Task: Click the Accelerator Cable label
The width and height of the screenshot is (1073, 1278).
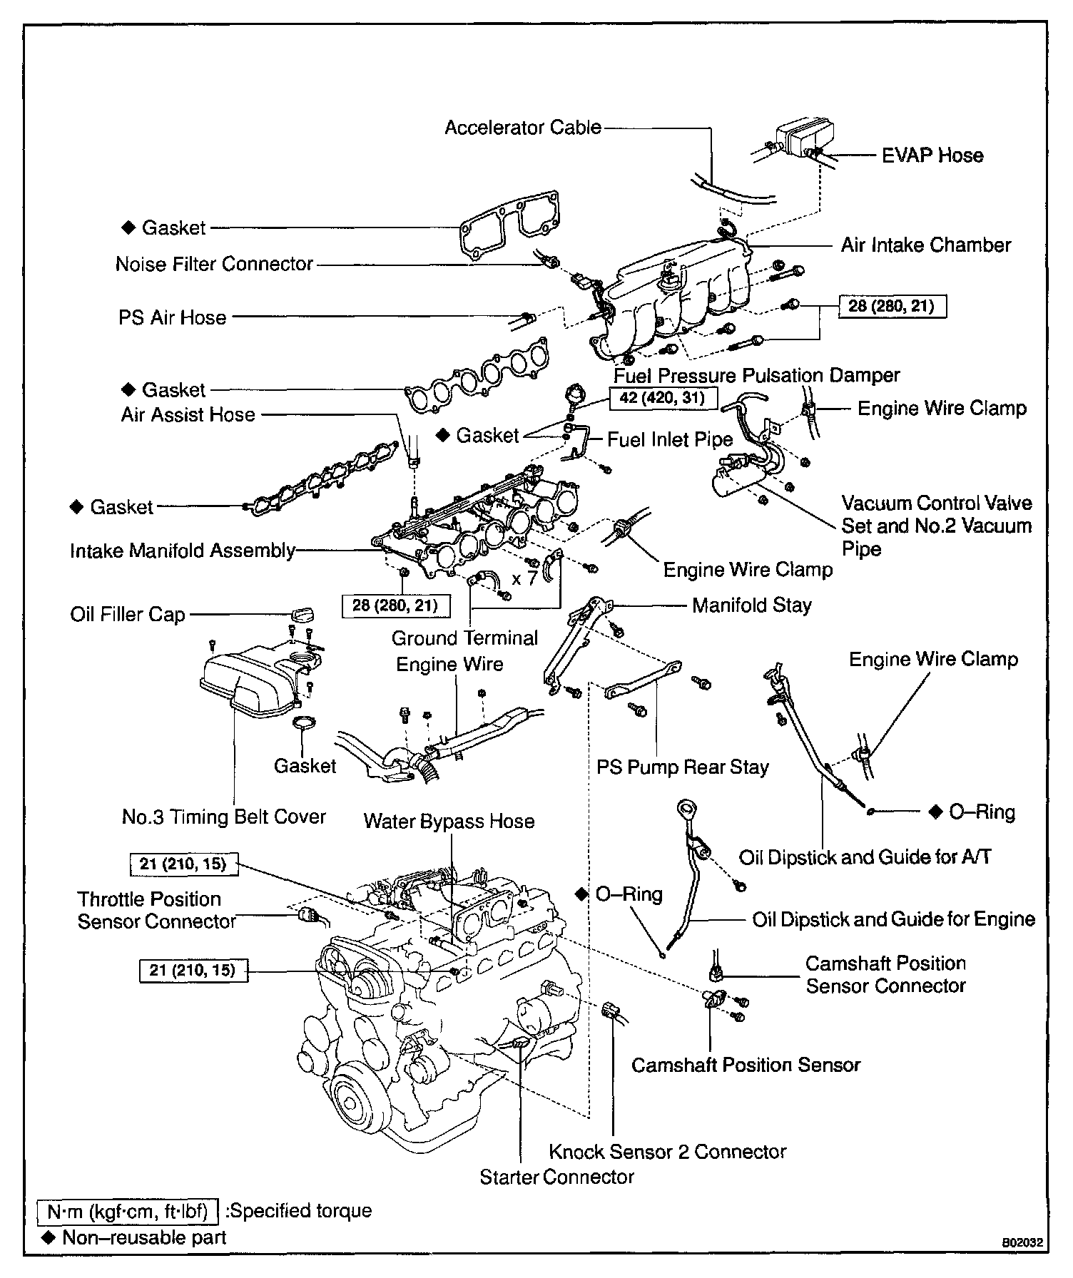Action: [523, 128]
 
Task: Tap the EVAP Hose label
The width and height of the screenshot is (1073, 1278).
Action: [932, 155]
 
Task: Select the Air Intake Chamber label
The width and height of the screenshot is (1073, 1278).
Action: [925, 245]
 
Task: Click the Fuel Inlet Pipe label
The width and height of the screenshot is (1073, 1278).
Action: [669, 440]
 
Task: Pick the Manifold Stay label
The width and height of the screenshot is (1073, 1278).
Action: [751, 605]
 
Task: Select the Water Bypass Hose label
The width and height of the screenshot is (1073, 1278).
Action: [449, 821]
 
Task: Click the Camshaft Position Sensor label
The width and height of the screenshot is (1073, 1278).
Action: [746, 1065]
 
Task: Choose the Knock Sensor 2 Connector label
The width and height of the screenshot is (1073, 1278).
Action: [667, 1151]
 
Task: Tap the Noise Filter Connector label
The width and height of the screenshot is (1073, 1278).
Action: [214, 264]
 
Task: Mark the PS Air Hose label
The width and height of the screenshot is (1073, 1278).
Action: [172, 317]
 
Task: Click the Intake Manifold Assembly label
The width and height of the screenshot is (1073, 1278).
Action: [182, 551]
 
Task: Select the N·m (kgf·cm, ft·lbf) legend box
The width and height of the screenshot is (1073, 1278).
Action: [127, 1211]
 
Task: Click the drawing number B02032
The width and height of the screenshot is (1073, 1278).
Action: [1022, 1242]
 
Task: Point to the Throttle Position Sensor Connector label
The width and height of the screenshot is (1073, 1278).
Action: [156, 910]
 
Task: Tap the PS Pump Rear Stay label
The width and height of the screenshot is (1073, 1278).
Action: [682, 767]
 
